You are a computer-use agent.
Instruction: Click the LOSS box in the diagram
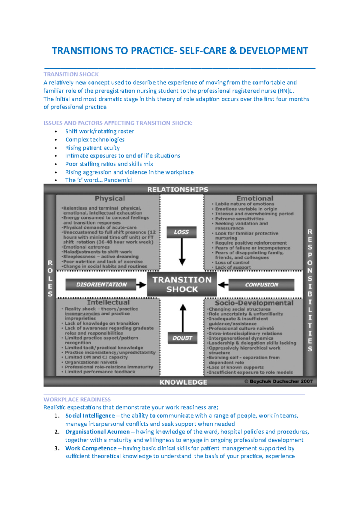click(x=181, y=232)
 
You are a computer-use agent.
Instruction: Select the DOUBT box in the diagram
click(x=182, y=338)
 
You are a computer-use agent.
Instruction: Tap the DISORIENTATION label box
click(x=101, y=284)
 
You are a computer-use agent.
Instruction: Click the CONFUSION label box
click(x=261, y=285)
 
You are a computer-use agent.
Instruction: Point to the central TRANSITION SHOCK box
click(x=182, y=284)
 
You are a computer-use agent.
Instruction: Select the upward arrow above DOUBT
click(x=183, y=318)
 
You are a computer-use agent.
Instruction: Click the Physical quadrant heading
click(x=110, y=198)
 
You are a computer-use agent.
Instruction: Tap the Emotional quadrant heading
click(x=255, y=198)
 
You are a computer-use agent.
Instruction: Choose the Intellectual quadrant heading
click(x=108, y=302)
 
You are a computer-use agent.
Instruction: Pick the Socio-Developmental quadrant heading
click(x=254, y=303)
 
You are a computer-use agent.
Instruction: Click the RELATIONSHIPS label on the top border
click(x=178, y=189)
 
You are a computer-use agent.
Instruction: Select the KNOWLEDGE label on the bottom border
click(x=183, y=382)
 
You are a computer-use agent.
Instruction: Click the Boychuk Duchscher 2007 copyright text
click(x=278, y=382)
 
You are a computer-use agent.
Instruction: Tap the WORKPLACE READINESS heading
click(x=77, y=400)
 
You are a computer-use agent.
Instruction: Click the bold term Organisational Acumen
click(x=97, y=432)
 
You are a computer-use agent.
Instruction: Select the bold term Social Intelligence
click(x=90, y=415)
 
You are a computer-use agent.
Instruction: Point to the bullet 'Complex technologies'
click(x=95, y=139)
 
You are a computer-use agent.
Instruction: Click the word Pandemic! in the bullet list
click(x=118, y=180)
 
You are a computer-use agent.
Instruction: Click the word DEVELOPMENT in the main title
click(x=274, y=51)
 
